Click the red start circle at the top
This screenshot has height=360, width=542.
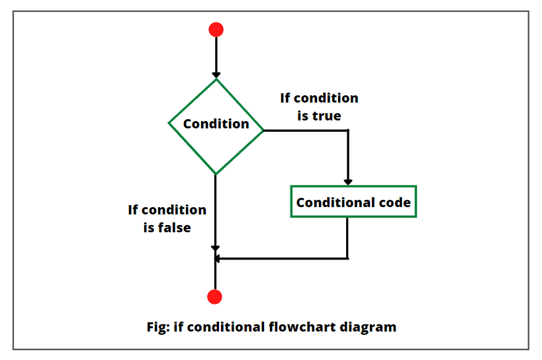point(216,30)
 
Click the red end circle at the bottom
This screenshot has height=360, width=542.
point(215,296)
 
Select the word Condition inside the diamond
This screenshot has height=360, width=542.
point(216,124)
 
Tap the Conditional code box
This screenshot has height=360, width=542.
point(353,202)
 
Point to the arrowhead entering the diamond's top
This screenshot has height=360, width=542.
point(216,75)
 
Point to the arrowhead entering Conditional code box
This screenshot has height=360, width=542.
point(348,181)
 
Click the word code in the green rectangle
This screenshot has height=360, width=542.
point(395,202)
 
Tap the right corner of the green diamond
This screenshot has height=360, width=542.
point(263,130)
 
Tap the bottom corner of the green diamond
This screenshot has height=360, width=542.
point(216,174)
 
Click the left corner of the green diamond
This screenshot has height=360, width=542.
point(169,124)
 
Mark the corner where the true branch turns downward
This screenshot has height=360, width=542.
point(348,130)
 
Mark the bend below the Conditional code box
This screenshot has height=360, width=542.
point(348,258)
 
